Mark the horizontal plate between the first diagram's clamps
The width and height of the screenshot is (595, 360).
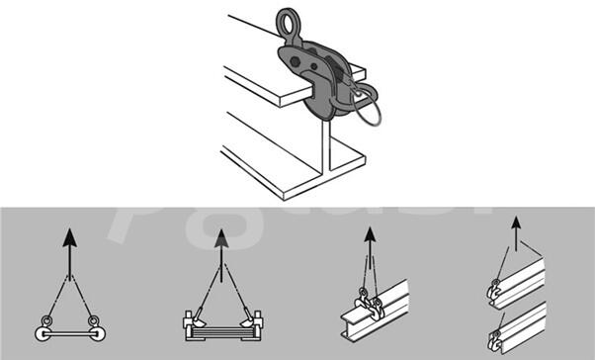[x=68, y=327]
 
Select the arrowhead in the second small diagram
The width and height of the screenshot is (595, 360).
[x=221, y=237]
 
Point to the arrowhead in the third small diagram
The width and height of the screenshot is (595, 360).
[x=371, y=236]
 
